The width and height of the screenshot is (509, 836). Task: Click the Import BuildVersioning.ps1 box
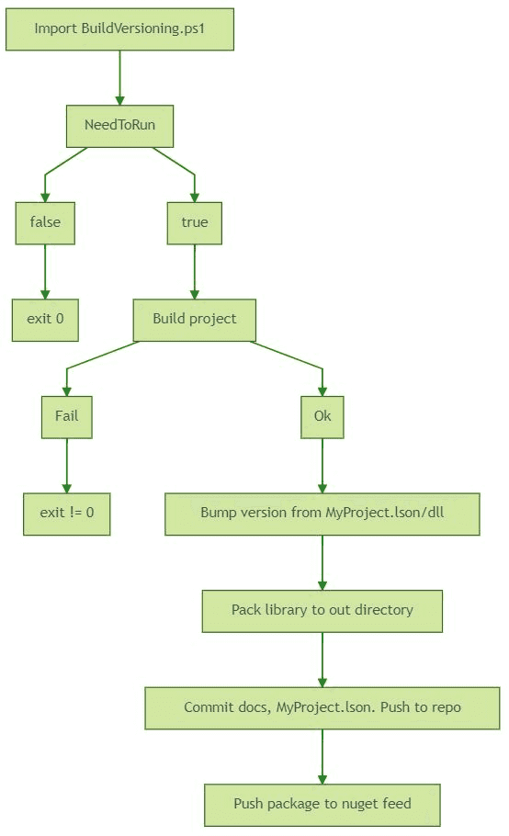119,28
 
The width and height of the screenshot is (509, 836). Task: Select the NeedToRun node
119,126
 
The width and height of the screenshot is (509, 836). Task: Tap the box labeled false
45,223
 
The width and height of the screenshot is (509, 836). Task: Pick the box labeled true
194,223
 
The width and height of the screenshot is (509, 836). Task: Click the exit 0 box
45,320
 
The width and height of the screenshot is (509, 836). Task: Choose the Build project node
194,320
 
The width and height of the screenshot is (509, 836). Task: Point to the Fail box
66,416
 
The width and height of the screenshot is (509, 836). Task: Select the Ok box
322,416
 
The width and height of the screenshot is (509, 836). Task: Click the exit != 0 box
66,514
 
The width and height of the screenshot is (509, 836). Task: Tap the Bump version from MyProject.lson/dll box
322,514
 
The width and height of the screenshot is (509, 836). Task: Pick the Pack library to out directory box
322,611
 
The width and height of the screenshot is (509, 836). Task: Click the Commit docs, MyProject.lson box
322,708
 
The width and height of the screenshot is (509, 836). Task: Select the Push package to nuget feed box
322,805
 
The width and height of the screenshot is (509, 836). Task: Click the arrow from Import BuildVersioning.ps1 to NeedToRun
119,78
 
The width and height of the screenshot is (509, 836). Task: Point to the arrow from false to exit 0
45,271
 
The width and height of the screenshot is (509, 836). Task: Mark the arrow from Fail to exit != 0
66,466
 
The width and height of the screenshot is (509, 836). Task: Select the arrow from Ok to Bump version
322,466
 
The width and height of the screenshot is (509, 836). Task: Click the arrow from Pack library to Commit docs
322,660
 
